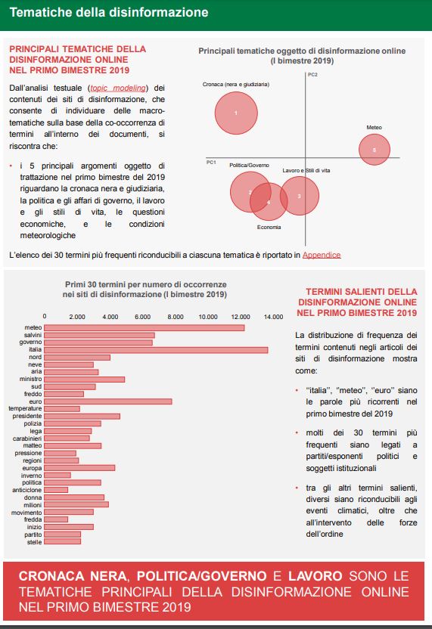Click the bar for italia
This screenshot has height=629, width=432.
click(x=156, y=350)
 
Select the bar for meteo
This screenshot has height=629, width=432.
click(x=145, y=328)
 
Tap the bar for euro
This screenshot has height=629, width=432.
click(x=108, y=401)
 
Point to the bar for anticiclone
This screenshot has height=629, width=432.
click(x=56, y=490)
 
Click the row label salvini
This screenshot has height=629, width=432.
click(x=33, y=335)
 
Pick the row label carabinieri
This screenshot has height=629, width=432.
click(x=27, y=438)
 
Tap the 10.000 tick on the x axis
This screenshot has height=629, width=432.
click(x=208, y=317)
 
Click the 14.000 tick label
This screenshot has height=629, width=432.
click(x=273, y=317)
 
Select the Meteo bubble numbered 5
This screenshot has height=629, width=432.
click(x=375, y=150)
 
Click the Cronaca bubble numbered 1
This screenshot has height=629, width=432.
click(x=236, y=113)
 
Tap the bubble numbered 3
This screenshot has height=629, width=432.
click(x=299, y=196)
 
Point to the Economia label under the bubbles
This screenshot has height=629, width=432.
click(x=269, y=228)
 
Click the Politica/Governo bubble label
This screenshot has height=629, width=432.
click(x=250, y=166)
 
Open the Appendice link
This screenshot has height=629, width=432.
click(x=322, y=255)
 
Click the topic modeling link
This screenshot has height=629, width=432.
click(x=118, y=88)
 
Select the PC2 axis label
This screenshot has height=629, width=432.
click(x=312, y=75)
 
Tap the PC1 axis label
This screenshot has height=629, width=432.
click(x=211, y=163)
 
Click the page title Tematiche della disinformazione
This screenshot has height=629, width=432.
click(x=109, y=12)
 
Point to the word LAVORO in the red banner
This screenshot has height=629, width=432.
click(x=315, y=576)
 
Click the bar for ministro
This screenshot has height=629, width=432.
click(x=84, y=379)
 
